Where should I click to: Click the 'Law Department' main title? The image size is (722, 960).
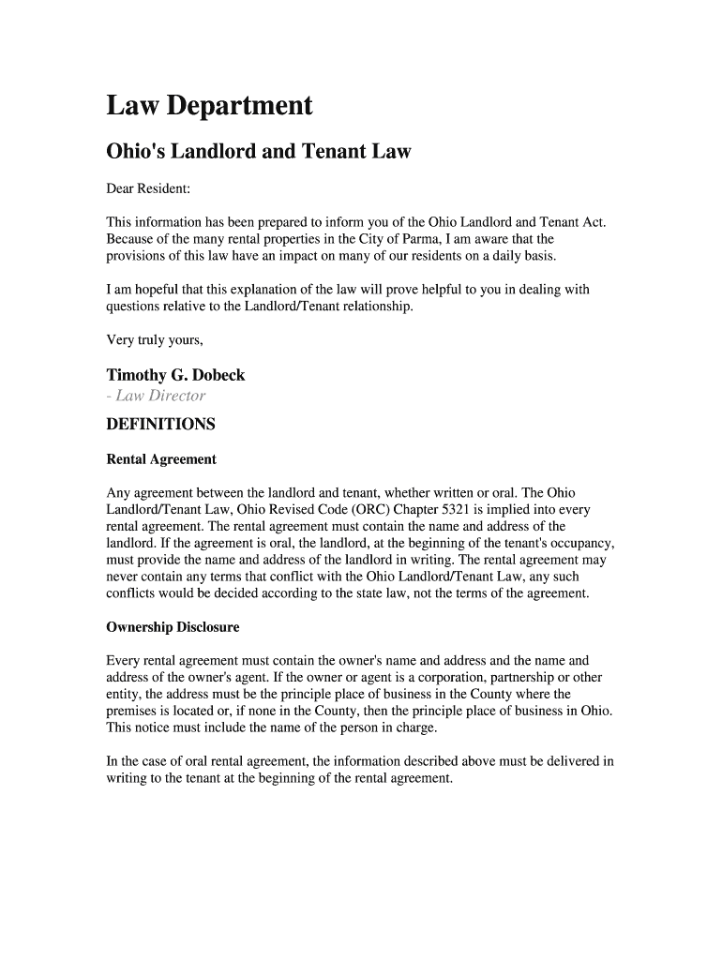209,106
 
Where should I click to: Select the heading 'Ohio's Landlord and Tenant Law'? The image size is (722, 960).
258,152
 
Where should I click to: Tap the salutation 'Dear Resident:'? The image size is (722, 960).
148,188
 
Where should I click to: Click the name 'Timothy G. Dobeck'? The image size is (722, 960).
175,375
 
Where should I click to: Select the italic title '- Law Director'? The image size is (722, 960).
156,396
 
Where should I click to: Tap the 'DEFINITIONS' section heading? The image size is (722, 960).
160,425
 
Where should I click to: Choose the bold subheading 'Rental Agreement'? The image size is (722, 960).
161,459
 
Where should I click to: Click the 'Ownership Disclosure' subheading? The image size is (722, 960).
173,627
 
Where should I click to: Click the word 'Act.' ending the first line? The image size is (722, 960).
594,222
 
